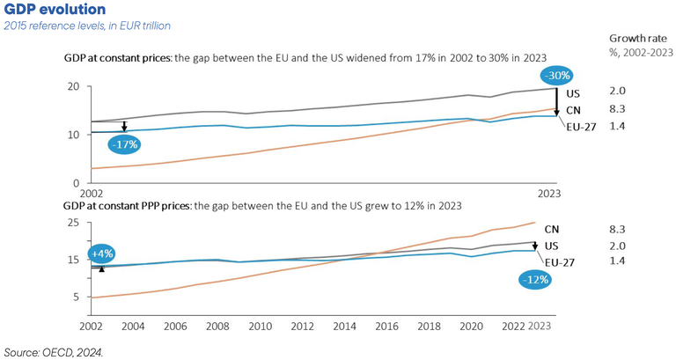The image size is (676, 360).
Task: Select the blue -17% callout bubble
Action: tap(126, 143)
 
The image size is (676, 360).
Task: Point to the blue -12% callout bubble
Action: tap(533, 279)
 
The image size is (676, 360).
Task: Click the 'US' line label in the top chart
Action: tap(572, 92)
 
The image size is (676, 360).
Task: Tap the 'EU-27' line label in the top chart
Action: tap(580, 126)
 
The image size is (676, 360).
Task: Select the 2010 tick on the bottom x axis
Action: tap(261, 326)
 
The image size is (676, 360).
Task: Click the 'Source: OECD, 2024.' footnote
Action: tap(54, 351)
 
